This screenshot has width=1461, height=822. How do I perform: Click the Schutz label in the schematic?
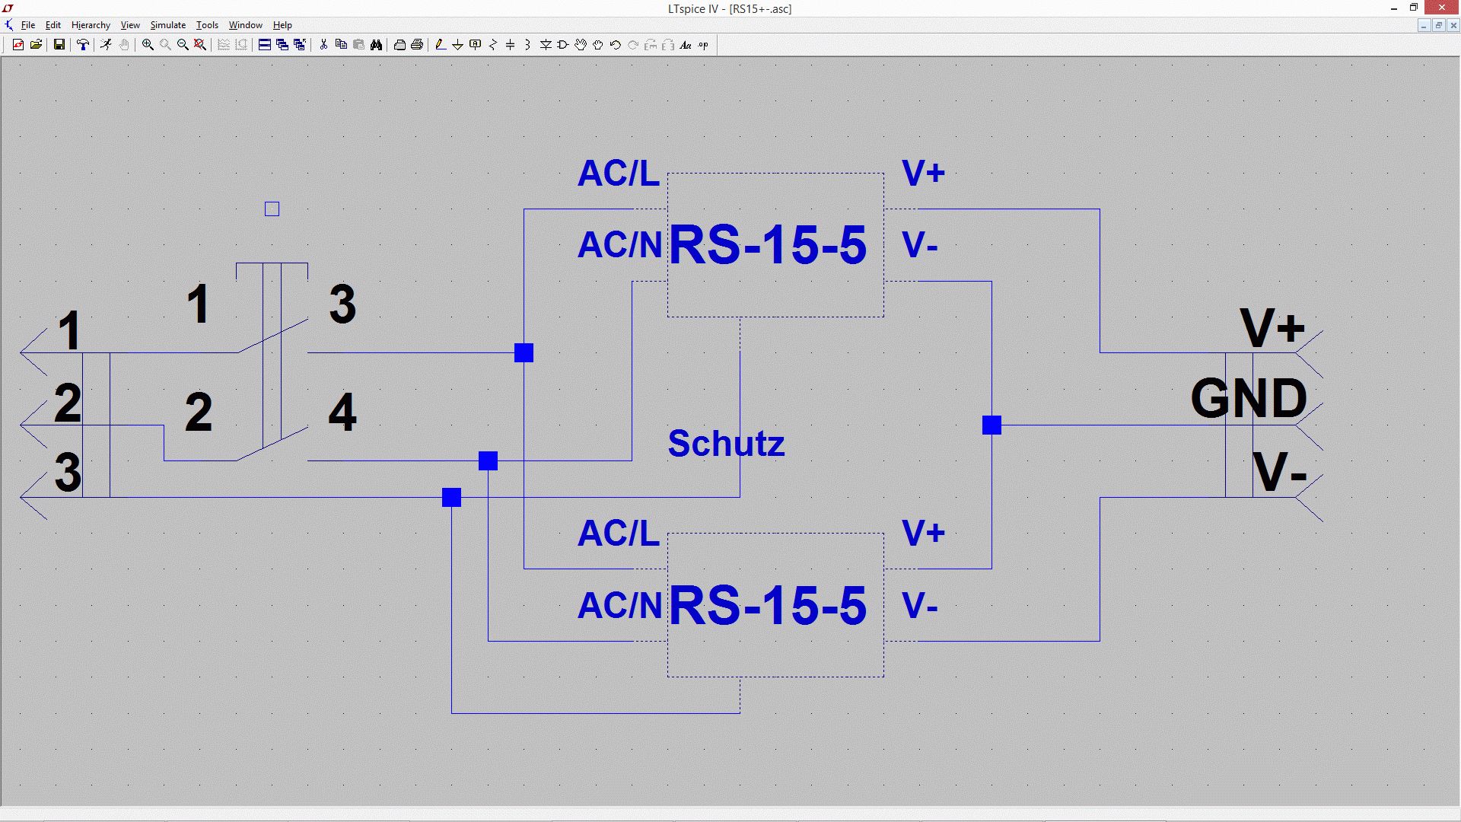726,444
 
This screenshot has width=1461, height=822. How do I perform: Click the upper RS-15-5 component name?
767,245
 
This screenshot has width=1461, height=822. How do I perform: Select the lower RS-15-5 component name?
767,606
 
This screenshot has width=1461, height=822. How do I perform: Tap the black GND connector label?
1248,398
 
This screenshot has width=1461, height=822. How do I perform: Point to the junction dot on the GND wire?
992,425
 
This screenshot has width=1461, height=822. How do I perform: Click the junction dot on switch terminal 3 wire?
524,352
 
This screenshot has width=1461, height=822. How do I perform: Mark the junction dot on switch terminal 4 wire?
488,460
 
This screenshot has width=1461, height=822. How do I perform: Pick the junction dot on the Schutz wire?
451,497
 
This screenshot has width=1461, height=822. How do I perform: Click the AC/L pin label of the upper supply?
618,174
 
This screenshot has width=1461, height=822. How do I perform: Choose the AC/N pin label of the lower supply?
619,606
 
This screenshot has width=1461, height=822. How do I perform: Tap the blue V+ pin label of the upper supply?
923,174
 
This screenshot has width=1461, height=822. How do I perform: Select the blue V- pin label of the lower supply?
919,606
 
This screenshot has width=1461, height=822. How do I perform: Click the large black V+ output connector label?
1272,329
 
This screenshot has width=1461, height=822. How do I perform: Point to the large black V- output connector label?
1278,472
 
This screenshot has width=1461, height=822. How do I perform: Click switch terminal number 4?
342,413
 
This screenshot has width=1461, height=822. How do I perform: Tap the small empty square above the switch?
272,209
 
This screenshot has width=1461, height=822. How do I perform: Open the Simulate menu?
167,25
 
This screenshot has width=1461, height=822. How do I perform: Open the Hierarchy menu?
91,25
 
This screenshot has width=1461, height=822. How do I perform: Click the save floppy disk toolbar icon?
59,45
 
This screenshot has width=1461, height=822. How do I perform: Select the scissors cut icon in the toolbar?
323,45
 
